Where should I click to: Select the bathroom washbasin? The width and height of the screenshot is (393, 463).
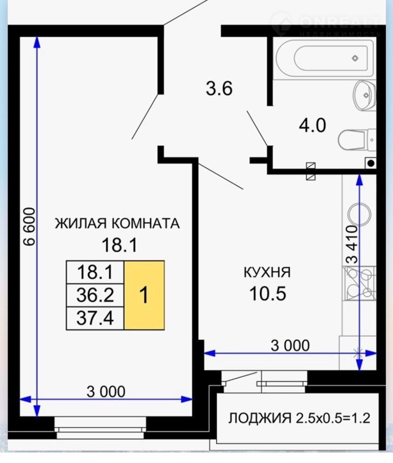point(364,95)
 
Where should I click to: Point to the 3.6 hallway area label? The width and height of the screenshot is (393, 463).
point(219,89)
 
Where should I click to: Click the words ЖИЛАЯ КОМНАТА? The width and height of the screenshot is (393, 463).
point(117,223)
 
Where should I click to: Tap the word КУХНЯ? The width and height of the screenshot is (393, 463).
point(267,272)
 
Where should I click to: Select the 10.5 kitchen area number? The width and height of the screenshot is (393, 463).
point(268,294)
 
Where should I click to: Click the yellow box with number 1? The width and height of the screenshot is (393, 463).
point(145,295)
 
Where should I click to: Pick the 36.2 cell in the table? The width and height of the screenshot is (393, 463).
point(95,295)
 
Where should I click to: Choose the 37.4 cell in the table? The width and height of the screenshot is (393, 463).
point(95,318)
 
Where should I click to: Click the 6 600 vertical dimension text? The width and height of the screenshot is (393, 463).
point(30,226)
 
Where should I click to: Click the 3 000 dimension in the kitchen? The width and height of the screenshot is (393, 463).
point(290,345)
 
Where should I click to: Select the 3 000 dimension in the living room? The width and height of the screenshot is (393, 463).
point(106,392)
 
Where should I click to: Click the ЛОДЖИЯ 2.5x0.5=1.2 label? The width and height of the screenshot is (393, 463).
point(299,418)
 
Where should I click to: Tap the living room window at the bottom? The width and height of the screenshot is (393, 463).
point(100,427)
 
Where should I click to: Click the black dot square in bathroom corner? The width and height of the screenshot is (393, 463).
point(371,163)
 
